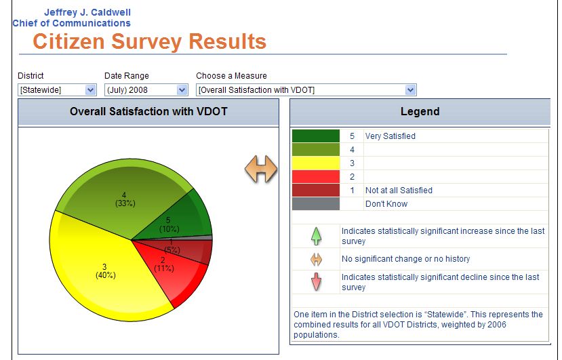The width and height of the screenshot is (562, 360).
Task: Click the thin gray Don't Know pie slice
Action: pos(201,238)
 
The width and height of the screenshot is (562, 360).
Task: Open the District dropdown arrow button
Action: pos(91,90)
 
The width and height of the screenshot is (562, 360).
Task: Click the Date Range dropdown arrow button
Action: pos(182,90)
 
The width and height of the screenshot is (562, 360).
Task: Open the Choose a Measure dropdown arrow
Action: pos(410,90)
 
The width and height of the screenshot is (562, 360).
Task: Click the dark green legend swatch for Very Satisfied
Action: pos(316,136)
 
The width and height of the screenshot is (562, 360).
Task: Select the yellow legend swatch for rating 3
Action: pos(316,163)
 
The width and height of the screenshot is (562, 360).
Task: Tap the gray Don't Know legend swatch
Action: pos(316,203)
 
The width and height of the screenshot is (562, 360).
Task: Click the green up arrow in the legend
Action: pos(316,236)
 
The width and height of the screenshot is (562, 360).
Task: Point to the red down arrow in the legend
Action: pos(316,282)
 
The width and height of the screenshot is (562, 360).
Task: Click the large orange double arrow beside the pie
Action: pos(261,169)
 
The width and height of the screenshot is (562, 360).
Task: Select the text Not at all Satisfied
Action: pos(399,191)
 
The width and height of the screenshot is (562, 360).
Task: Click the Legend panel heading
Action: pos(420,111)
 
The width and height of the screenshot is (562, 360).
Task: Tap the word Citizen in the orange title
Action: pos(68,41)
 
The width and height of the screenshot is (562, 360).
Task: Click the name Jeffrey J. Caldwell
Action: pos(87,13)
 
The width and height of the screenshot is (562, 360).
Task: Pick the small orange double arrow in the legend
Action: pos(316,259)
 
